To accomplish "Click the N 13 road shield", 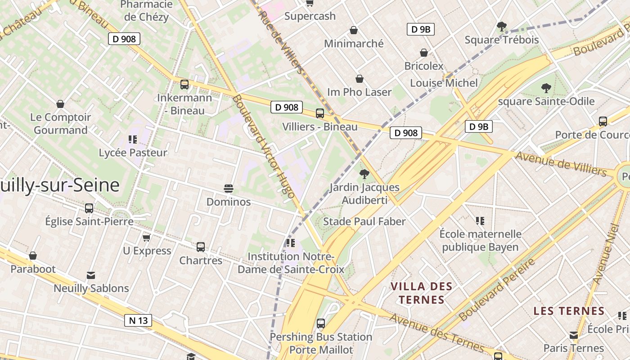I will point(138,320).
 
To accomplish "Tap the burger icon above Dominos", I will point(229,188).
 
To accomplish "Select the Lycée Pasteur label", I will point(133,153).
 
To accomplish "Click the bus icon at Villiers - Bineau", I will point(320,113).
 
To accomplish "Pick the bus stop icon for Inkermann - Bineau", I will point(184,85).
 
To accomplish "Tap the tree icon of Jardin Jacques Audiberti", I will point(364,174).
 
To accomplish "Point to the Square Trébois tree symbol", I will point(502,27).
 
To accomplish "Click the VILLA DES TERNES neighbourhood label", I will point(421,293).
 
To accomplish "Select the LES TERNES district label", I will point(569,311).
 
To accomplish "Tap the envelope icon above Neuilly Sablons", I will point(91,275).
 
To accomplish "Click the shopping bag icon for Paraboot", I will point(33,256).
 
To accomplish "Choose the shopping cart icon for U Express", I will point(146,237).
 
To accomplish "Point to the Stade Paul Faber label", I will point(364,221).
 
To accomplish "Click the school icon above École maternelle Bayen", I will point(480,220).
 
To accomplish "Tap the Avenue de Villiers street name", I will point(561,164).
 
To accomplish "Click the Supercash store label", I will point(310,16).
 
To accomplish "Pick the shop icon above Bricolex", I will point(423,53).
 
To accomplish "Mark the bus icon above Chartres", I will point(201,247).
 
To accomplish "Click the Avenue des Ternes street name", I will point(436,333).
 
